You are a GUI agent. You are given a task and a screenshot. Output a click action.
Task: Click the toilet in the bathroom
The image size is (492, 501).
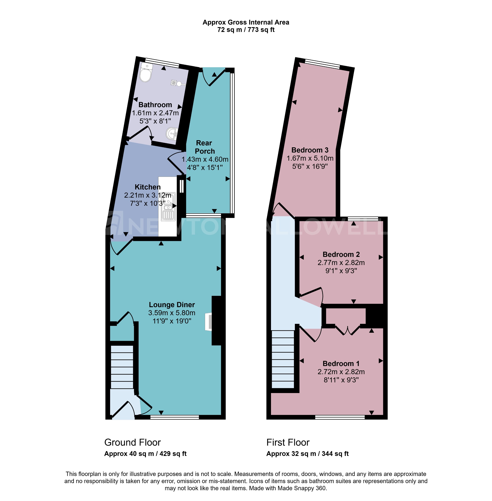(x=146, y=73)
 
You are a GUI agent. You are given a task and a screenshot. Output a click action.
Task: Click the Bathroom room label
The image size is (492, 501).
(x=155, y=105)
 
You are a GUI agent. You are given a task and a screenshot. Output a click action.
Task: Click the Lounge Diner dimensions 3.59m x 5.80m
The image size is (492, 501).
(x=172, y=313)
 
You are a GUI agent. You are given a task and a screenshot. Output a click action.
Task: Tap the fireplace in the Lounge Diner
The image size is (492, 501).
(x=208, y=322)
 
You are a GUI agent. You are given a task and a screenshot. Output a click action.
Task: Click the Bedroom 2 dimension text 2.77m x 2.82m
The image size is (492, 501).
(x=341, y=263)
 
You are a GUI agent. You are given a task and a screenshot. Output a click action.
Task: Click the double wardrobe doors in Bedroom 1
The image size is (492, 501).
(x=348, y=330)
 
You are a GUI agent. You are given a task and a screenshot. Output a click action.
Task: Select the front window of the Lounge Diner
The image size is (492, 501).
(x=175, y=417)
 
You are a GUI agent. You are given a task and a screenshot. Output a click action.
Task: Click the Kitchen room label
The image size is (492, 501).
(x=148, y=187)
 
